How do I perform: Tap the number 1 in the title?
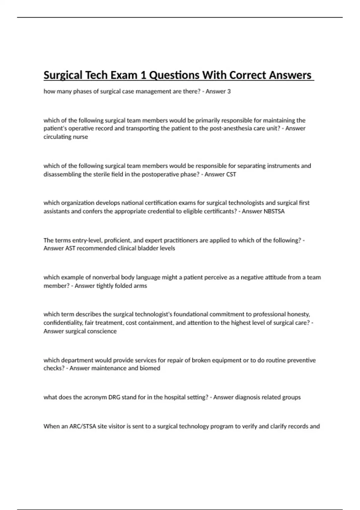click(143, 75)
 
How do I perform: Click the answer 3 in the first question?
click(229, 91)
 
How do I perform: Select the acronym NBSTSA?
click(274, 211)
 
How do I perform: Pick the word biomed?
click(150, 368)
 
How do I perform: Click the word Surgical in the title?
click(63, 75)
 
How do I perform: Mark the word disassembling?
click(62, 174)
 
